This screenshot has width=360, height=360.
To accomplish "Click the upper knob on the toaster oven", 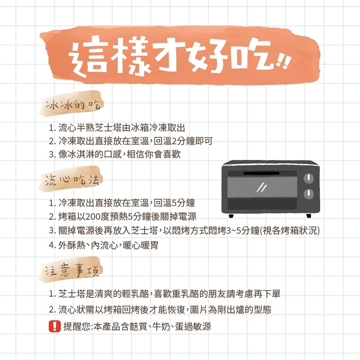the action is click(309, 178).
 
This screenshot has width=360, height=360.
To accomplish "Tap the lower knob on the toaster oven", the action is click(309, 194).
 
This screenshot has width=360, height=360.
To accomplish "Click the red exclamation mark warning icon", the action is click(55, 326).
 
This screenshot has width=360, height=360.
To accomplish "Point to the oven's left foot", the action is click(231, 216).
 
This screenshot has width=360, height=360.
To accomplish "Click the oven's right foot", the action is click(309, 216).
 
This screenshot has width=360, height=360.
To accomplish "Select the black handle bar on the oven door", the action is click(262, 173).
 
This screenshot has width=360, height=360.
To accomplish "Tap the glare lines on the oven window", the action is click(262, 187).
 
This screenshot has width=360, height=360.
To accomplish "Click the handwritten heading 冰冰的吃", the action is click(73, 105).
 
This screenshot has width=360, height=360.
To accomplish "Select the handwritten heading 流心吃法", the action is click(72, 180).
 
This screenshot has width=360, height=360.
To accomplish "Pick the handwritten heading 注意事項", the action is click(72, 270).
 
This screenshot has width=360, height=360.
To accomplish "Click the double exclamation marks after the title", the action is click(284, 62).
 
